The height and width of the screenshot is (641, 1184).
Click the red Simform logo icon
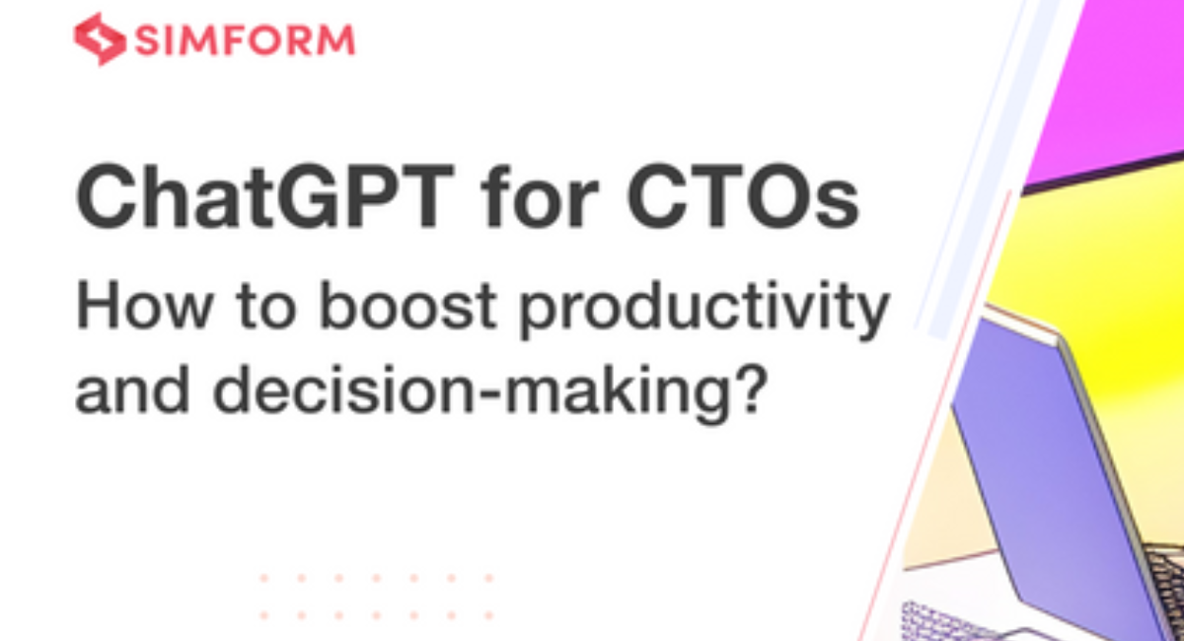(x=99, y=38)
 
